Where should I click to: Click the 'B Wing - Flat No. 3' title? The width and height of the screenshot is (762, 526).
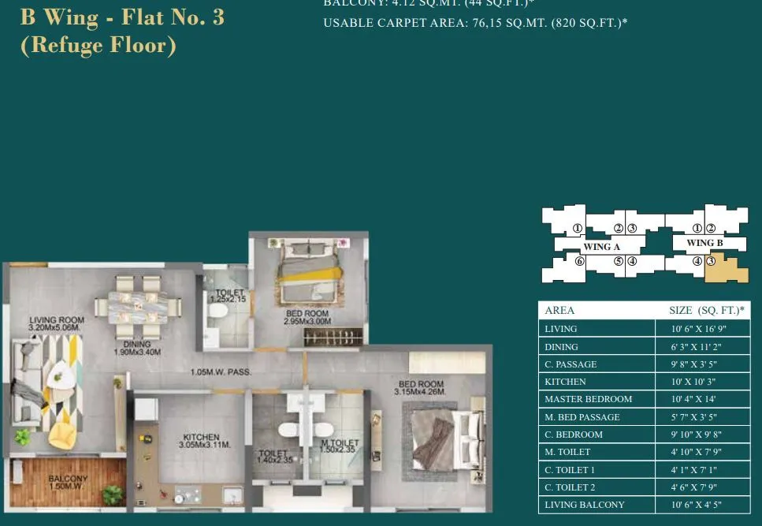(122, 17)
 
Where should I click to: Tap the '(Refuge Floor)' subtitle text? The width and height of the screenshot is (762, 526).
(98, 45)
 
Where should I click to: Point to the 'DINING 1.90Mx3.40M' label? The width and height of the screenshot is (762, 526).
(137, 348)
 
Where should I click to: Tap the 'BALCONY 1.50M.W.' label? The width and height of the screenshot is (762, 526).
(68, 482)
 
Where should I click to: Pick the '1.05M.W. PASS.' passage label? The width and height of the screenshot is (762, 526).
(220, 372)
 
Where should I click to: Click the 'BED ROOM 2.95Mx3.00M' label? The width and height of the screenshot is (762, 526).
(307, 318)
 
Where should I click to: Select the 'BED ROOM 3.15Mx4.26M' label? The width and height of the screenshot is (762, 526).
(422, 388)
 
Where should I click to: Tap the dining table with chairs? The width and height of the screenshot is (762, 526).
(139, 304)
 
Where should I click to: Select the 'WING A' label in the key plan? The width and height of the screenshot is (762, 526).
(601, 247)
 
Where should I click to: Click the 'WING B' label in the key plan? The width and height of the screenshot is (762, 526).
(699, 243)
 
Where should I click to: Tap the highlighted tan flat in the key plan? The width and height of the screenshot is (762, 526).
(727, 270)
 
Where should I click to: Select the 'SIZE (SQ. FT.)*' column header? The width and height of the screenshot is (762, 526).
(704, 310)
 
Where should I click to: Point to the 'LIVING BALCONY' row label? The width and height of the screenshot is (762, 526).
(584, 505)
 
